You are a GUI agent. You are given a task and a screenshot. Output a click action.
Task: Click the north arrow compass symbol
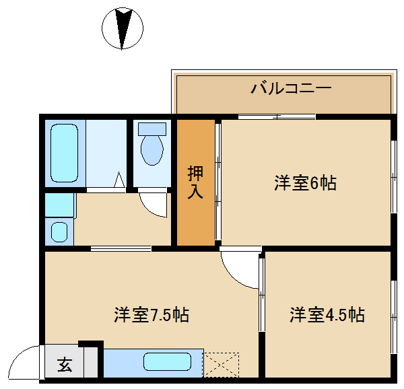123,28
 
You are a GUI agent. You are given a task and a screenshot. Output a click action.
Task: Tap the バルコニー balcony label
291,89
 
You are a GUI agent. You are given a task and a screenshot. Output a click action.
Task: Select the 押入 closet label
195,182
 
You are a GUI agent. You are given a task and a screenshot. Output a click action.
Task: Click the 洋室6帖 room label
305,183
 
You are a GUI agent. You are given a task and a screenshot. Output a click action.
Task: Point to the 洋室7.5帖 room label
151,314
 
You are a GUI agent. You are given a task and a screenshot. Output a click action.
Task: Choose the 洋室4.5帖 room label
327,314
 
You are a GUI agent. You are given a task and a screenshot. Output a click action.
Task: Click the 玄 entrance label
65,365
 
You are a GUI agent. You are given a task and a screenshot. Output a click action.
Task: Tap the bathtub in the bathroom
64,153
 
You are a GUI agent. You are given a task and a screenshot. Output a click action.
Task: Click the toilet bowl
152,150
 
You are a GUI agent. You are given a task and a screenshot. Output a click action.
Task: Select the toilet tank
152,129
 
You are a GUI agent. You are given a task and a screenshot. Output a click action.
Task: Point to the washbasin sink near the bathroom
59,232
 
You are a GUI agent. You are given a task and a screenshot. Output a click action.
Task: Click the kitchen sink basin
167,361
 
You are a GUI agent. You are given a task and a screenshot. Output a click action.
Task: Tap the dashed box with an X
222,365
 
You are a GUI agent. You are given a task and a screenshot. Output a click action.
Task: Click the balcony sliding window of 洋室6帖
277,117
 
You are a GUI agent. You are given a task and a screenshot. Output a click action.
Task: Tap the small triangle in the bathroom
119,180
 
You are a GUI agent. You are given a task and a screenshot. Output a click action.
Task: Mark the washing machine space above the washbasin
61,205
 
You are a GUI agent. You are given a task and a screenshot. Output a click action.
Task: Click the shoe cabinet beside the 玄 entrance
90,361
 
